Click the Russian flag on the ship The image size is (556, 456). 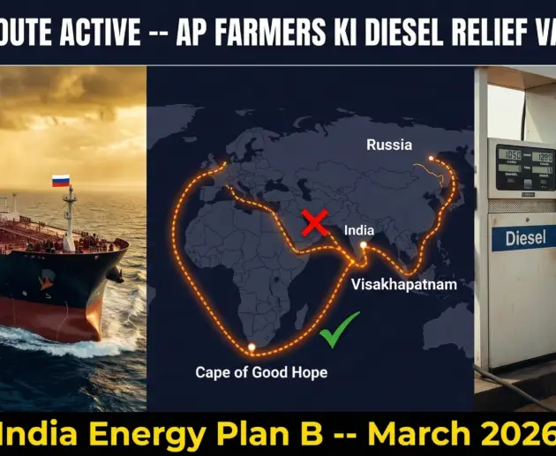pos(61,181)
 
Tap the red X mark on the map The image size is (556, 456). pos(315,224)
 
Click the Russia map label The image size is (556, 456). pos(388,144)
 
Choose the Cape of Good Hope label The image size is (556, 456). pos(261,372)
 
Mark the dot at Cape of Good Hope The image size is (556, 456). pos(252,348)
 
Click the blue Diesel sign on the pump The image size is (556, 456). pos(525,238)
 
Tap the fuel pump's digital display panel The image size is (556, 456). pos(525,166)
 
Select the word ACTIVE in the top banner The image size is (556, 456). pos(88,33)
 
